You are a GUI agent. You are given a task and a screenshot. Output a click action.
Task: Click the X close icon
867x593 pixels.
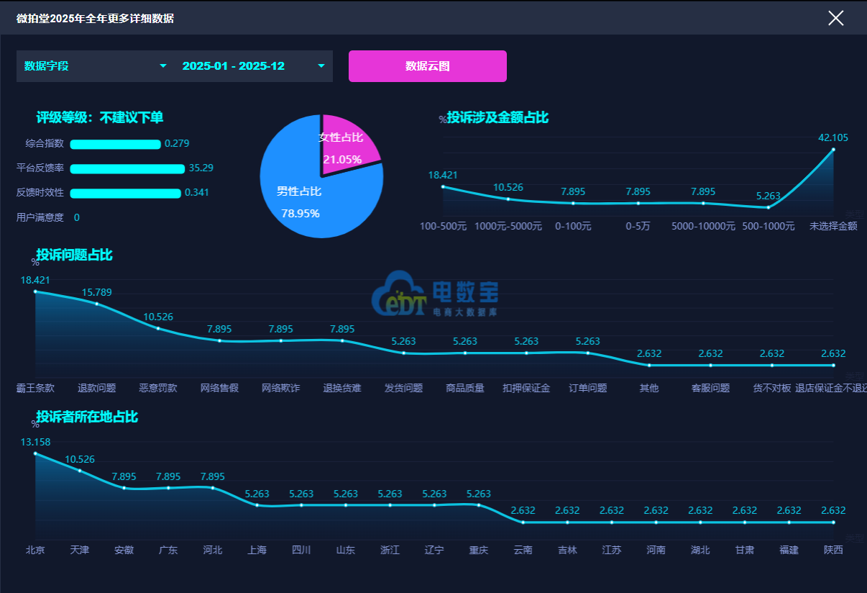coord(835,18)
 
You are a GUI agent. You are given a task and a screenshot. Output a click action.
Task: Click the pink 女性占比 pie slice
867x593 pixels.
coord(349,140)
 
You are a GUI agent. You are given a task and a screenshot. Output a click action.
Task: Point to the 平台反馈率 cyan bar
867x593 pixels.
coord(127,169)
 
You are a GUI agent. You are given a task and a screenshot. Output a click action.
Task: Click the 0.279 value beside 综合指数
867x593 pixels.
coord(177,143)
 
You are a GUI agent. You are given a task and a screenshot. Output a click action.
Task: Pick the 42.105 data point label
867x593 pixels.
coord(833,137)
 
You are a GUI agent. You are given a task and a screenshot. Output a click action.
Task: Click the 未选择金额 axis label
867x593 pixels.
coord(833,226)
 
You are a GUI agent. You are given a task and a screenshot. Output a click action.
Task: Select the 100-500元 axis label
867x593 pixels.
coord(443,226)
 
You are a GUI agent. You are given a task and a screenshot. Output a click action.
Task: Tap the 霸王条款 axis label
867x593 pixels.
coord(35,388)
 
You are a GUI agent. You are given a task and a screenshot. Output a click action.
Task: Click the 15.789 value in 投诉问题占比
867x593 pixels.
coord(97,292)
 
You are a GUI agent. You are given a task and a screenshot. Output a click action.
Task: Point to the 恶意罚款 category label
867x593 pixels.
coord(158,388)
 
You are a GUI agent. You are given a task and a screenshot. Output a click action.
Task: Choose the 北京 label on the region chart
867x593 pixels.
coord(35,550)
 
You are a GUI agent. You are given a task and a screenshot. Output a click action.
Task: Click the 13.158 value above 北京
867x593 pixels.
coord(35,442)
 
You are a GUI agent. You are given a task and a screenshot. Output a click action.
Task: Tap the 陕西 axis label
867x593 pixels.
coord(833,550)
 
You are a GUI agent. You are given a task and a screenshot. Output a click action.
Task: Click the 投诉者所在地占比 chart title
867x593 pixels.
coord(87,417)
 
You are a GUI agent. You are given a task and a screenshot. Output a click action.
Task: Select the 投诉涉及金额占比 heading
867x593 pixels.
coord(497,117)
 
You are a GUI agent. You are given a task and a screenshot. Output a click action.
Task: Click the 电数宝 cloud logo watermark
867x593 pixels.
coord(434,294)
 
